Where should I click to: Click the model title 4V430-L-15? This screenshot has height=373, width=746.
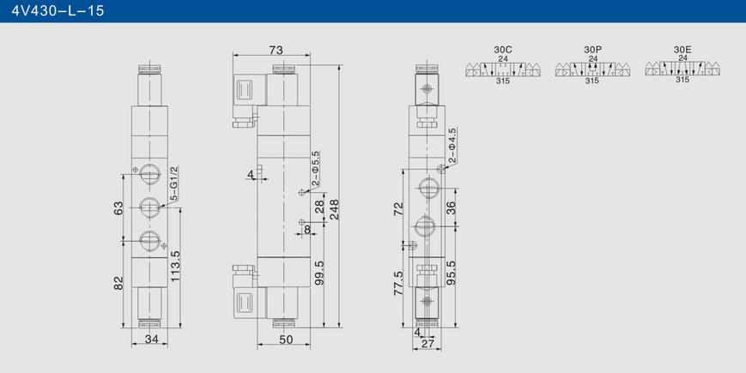point(58,10)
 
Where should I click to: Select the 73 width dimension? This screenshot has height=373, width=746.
point(276,50)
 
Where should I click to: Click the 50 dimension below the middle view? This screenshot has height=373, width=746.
point(286,340)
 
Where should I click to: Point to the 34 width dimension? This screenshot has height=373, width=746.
point(151,340)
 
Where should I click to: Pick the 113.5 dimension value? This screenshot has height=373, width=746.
point(176,267)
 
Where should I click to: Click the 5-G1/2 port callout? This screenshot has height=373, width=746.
point(173,183)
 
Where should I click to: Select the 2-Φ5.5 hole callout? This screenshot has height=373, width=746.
point(315,169)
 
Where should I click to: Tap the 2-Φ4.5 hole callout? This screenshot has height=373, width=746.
point(452,146)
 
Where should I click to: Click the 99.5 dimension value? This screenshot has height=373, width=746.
point(319,273)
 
